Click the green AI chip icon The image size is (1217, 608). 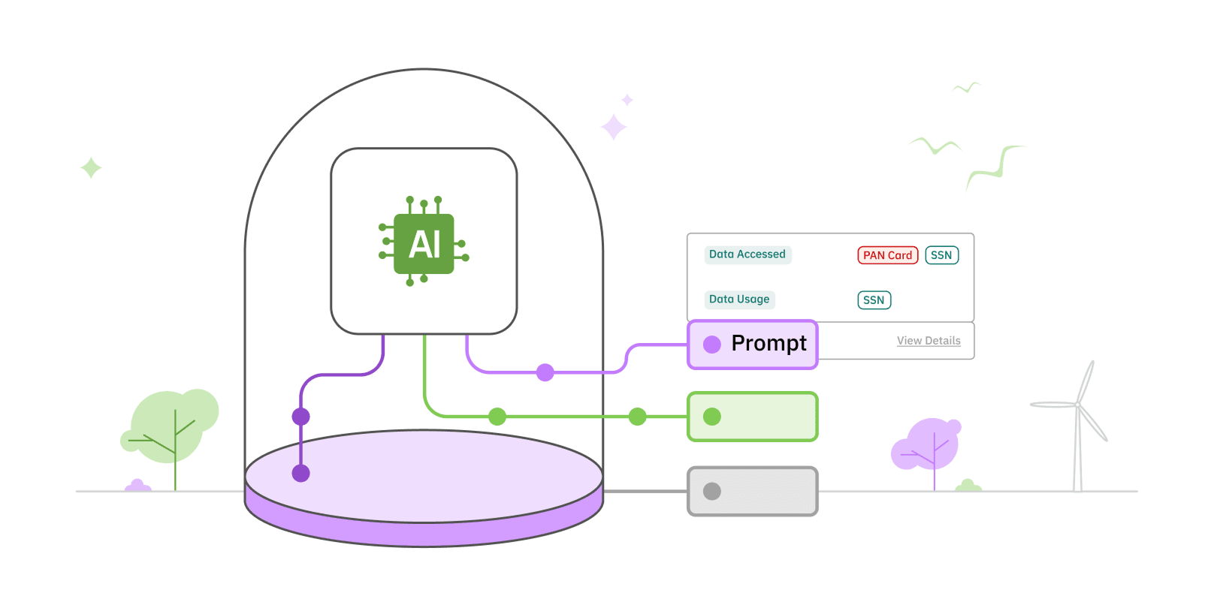[424, 243]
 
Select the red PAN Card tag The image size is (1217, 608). [887, 255]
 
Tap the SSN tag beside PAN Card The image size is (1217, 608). [941, 255]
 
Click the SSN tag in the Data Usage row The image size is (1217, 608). [874, 300]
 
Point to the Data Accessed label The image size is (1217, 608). [747, 254]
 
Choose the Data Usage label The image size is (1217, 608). [739, 299]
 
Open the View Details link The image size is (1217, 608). [929, 341]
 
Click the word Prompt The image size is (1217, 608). [769, 343]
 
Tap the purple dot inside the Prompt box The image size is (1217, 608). [712, 345]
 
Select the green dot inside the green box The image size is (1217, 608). [712, 417]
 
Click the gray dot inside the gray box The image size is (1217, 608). [712, 491]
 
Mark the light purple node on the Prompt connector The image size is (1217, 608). [545, 372]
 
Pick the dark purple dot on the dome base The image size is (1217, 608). [300, 473]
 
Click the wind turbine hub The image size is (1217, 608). [1077, 405]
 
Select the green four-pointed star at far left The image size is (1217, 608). [91, 167]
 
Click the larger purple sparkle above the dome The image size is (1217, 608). [614, 127]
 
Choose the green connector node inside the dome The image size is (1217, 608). [497, 417]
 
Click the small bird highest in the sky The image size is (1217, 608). [967, 88]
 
